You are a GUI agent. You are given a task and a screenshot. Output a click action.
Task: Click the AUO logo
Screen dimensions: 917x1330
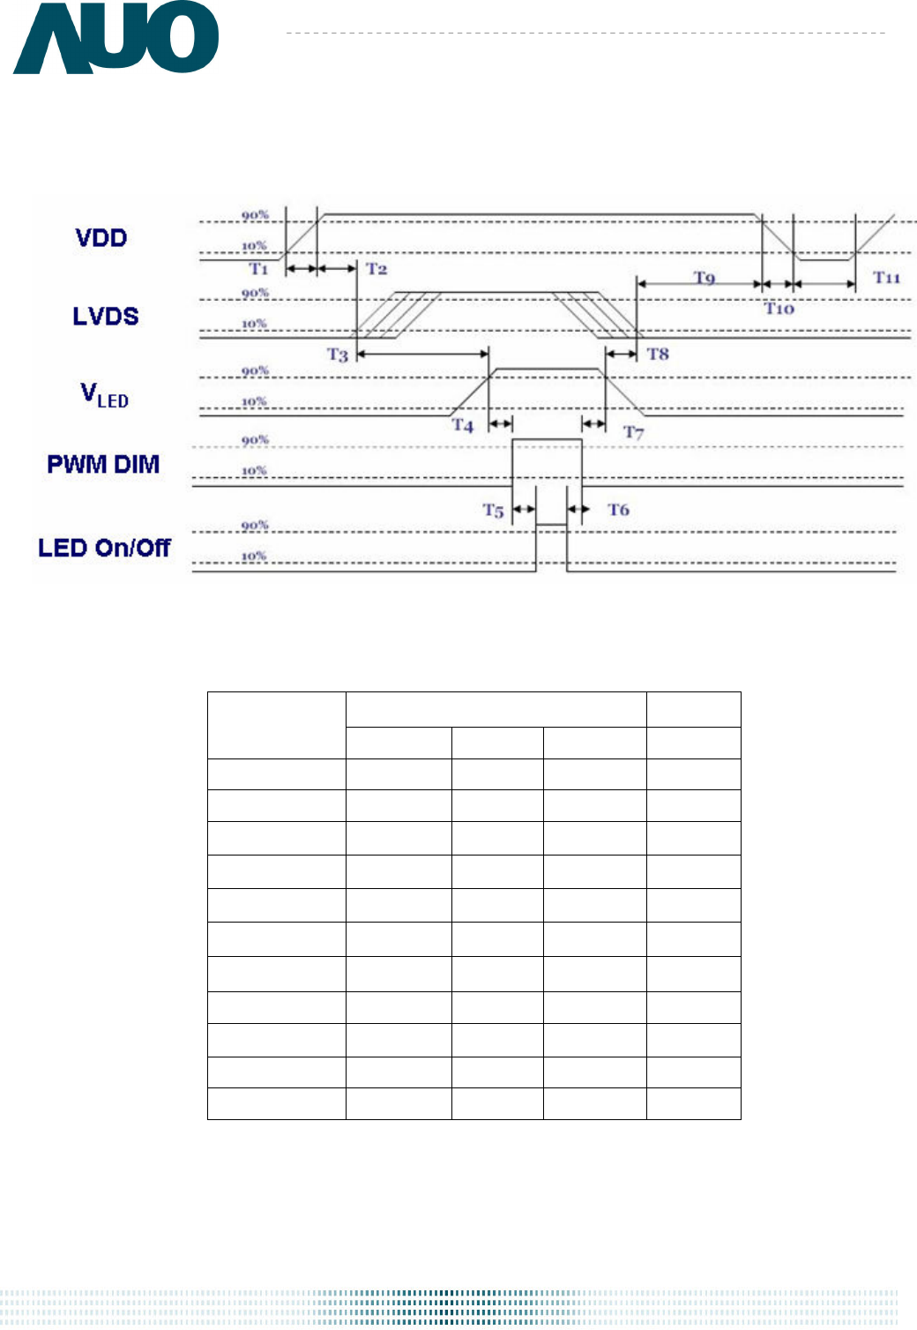(116, 37)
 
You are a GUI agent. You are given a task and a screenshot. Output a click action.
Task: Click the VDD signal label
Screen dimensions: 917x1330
(101, 238)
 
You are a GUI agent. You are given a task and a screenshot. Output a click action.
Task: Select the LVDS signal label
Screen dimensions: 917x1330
(106, 317)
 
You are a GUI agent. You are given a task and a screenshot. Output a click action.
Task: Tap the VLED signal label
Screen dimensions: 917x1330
(104, 395)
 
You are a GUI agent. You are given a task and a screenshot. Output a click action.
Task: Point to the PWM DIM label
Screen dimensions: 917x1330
(103, 464)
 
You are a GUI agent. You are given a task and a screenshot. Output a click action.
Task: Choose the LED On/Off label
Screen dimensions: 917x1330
(104, 548)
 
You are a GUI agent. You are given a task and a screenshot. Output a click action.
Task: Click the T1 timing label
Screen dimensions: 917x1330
(258, 269)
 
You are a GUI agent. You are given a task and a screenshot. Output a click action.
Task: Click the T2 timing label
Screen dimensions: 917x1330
(376, 269)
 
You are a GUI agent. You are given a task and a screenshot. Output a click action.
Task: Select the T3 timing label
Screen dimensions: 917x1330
(338, 355)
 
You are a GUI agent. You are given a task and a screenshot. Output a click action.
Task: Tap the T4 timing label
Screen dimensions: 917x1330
(463, 425)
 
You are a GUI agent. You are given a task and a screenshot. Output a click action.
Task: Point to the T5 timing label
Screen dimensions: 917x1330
(493, 511)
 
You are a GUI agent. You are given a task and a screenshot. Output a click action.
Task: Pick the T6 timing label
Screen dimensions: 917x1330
(618, 510)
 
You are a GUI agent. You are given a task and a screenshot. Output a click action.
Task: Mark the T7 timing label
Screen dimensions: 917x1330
(633, 432)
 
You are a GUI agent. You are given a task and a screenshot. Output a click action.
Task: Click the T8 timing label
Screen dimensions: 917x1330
(658, 354)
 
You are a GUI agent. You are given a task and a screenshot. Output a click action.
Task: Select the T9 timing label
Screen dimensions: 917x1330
(705, 278)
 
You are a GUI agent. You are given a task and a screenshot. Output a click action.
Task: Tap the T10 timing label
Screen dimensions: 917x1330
(779, 308)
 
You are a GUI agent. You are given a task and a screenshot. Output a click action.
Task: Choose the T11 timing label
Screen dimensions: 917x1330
(887, 277)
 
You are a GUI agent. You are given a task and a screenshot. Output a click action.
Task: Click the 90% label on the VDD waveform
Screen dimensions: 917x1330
(255, 215)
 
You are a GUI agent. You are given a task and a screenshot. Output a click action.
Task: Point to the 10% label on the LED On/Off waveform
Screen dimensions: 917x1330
(253, 557)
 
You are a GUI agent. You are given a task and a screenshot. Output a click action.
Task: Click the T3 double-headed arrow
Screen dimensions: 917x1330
(422, 354)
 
